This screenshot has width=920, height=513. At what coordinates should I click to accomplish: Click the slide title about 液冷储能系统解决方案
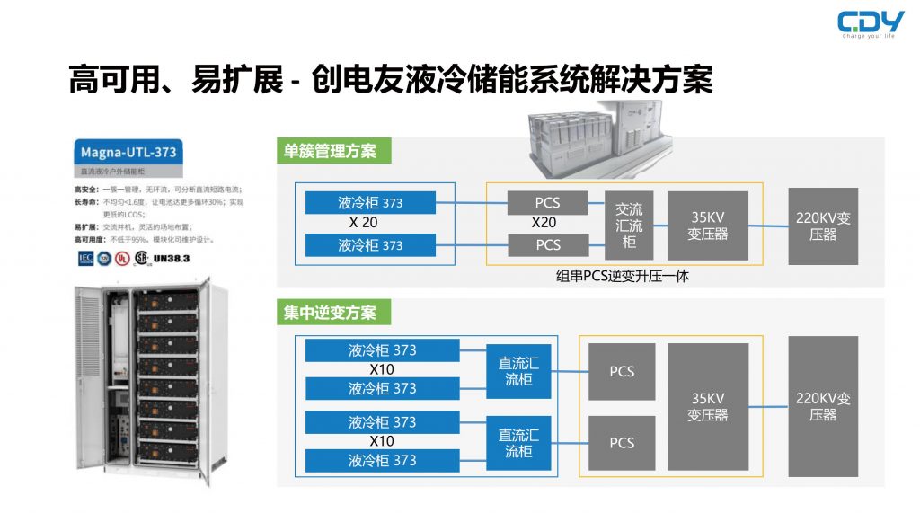pyautogui.click(x=390, y=80)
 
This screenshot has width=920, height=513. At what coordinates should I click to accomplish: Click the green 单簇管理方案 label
pyautogui.click(x=332, y=151)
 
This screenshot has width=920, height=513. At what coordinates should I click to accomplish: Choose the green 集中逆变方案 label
pyautogui.click(x=332, y=313)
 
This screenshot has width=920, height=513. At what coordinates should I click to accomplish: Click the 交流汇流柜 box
pyautogui.click(x=629, y=226)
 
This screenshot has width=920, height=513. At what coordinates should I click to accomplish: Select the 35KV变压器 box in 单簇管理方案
pyautogui.click(x=708, y=226)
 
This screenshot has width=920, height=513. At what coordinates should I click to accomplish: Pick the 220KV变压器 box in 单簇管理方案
pyautogui.click(x=822, y=226)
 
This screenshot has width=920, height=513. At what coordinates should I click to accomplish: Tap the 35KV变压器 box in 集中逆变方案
pyautogui.click(x=708, y=407)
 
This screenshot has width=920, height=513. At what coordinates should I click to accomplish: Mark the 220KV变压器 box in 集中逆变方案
pyautogui.click(x=822, y=407)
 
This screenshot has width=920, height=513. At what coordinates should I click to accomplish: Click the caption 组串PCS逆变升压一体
pyautogui.click(x=624, y=277)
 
